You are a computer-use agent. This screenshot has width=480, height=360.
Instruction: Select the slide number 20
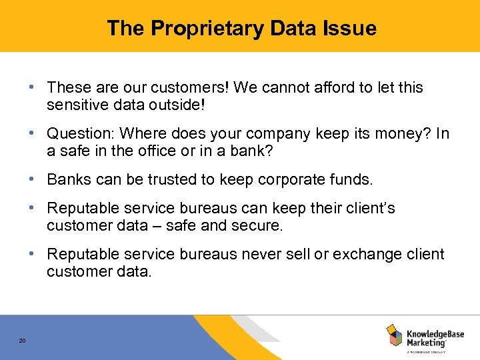tap(22, 341)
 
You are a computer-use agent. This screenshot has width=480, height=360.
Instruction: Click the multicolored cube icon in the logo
tap(394, 335)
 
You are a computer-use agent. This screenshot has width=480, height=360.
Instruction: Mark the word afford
tap(323, 87)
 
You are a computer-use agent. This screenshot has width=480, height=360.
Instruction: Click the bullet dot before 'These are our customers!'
tap(32, 87)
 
